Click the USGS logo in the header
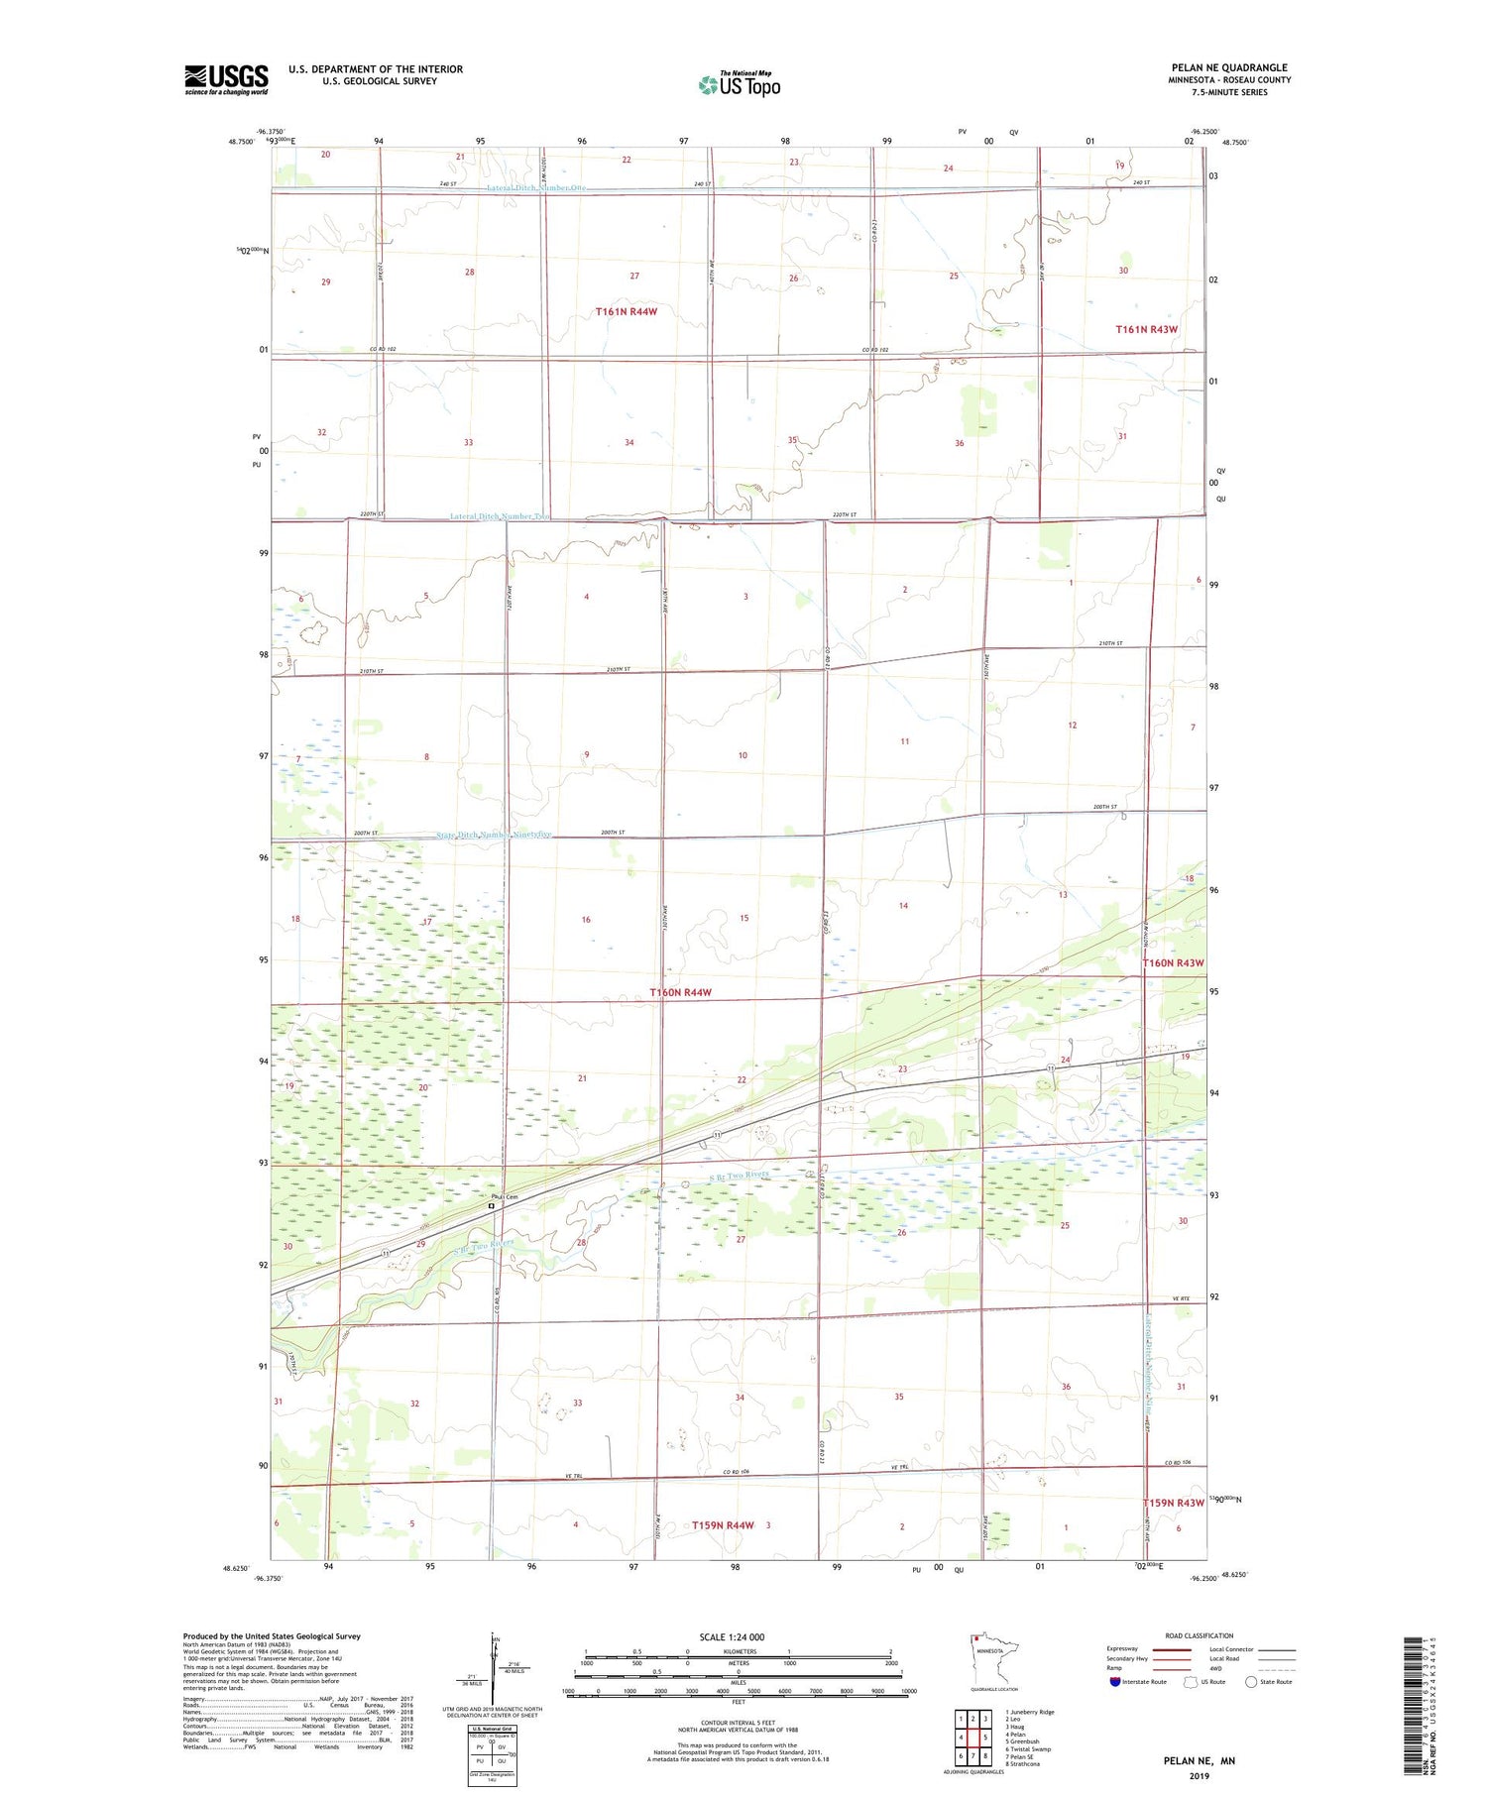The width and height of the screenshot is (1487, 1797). tap(226, 79)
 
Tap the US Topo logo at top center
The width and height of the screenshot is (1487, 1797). tap(739, 85)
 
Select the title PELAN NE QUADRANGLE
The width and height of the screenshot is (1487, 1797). tap(1229, 67)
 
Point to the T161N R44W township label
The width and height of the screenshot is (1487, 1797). tap(627, 311)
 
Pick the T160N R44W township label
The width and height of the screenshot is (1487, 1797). tap(680, 992)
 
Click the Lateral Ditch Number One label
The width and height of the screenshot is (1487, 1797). tap(536, 188)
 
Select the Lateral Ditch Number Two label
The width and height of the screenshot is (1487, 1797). tap(500, 516)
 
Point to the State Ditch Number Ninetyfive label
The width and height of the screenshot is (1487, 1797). tap(494, 835)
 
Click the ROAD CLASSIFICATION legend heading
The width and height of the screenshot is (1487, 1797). tap(1200, 1635)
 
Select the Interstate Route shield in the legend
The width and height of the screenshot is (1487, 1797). tap(1115, 1681)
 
